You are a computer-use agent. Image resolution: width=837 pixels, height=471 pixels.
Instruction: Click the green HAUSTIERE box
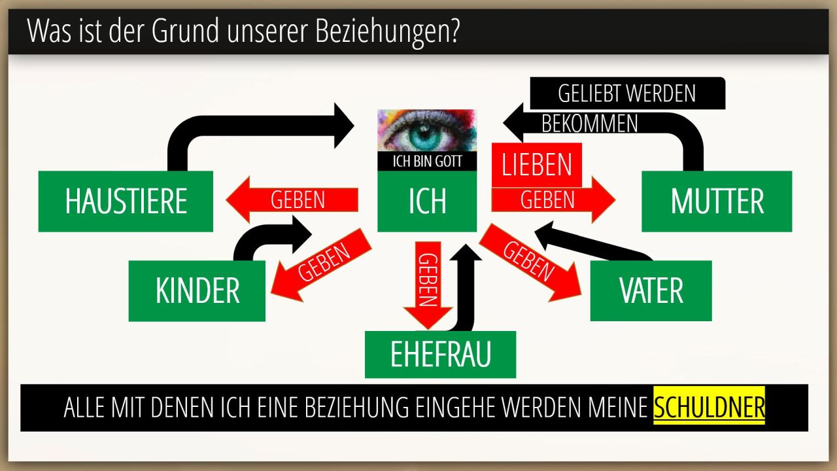click(x=126, y=201)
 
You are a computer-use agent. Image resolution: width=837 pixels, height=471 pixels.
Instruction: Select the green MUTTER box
click(x=717, y=201)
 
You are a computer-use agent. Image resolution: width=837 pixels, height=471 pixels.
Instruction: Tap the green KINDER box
click(x=197, y=291)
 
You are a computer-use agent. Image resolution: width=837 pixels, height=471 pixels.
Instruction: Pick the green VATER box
click(x=651, y=291)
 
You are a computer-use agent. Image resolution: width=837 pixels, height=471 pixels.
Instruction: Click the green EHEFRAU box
click(x=440, y=355)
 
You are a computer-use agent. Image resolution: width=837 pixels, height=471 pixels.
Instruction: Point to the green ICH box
click(x=427, y=201)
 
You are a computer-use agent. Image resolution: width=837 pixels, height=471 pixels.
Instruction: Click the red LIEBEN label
click(x=537, y=165)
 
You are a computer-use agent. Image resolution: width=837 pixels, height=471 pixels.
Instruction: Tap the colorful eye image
click(x=427, y=131)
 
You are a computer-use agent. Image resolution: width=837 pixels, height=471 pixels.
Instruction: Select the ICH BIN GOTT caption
click(x=427, y=162)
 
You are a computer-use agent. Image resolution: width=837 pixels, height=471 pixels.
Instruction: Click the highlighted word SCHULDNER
click(x=709, y=408)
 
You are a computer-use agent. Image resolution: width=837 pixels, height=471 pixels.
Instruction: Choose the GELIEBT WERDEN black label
click(x=626, y=94)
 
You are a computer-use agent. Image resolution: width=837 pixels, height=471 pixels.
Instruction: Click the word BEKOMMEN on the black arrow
click(x=590, y=124)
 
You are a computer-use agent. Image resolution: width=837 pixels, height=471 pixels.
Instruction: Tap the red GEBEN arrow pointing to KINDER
click(x=320, y=265)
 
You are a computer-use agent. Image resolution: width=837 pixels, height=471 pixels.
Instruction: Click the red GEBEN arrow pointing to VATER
click(x=530, y=262)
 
